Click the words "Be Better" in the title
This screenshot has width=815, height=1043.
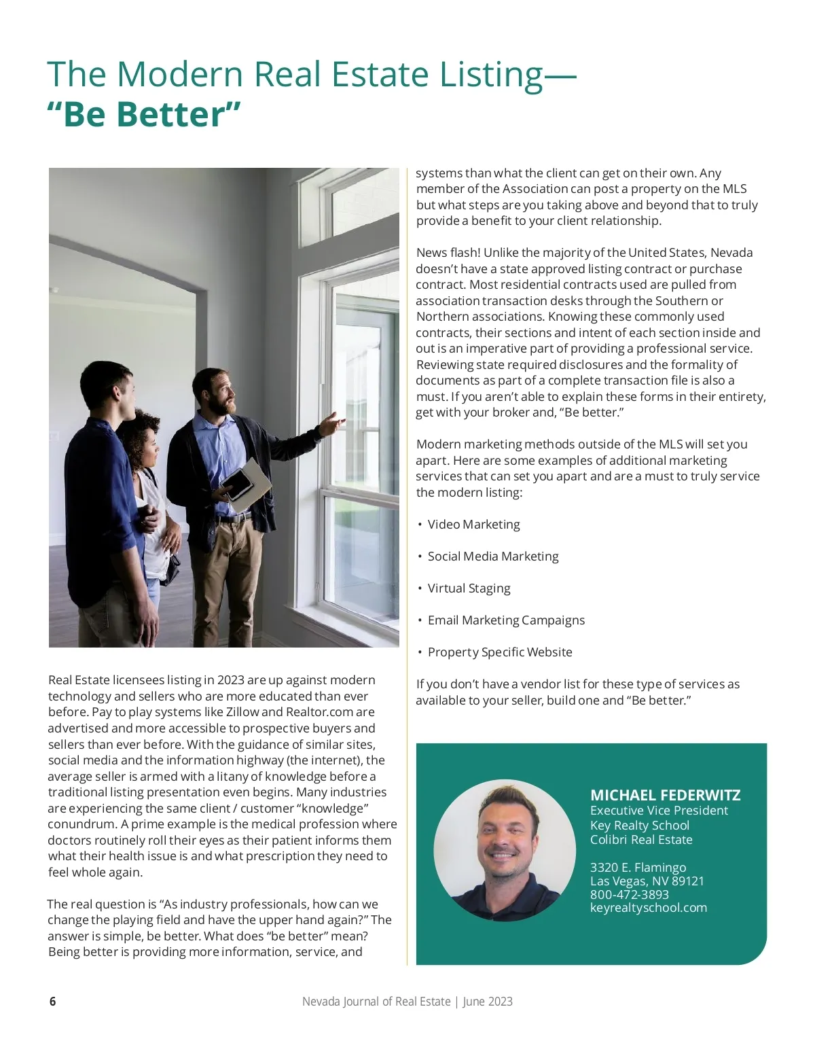144,113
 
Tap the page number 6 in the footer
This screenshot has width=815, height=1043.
52,1001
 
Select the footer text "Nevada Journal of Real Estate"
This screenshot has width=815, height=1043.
376,1001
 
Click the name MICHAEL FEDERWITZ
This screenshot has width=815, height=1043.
665,795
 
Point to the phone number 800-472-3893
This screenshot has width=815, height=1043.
629,894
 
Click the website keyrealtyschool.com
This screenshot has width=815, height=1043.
648,908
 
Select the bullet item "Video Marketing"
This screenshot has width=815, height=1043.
473,525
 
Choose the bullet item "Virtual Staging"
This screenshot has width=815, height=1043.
469,588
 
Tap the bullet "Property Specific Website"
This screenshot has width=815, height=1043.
499,652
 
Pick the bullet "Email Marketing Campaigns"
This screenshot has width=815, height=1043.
505,620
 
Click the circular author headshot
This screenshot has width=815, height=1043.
505,850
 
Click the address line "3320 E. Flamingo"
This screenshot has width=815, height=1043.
638,868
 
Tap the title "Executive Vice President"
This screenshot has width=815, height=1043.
659,811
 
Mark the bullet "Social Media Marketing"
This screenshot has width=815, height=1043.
492,556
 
